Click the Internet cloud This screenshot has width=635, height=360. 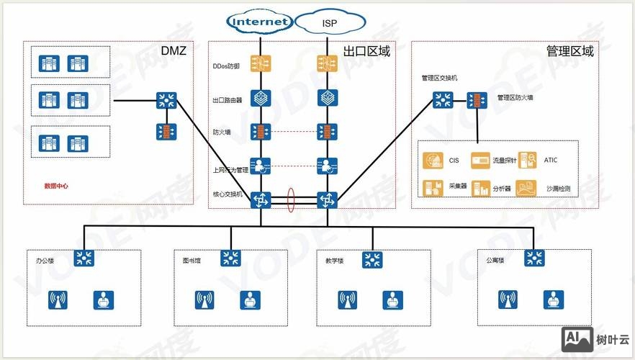(x=260, y=22)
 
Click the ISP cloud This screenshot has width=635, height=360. (x=329, y=23)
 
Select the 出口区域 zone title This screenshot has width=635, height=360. (x=366, y=51)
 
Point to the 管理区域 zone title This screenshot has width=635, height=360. (x=570, y=51)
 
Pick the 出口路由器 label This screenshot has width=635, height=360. (x=227, y=100)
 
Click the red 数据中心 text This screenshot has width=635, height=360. (x=56, y=186)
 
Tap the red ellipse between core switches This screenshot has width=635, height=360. (x=292, y=200)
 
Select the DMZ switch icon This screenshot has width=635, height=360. (x=167, y=100)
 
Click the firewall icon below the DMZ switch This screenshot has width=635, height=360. (x=167, y=132)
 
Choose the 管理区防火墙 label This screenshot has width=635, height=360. (x=515, y=97)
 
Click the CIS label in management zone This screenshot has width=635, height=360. (x=454, y=161)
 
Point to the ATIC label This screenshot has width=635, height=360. (x=551, y=161)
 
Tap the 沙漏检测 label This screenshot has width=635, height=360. (x=558, y=188)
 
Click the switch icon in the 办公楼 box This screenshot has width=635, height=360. (x=86, y=258)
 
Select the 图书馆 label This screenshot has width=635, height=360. (x=191, y=261)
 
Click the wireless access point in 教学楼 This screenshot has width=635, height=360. (x=348, y=300)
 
